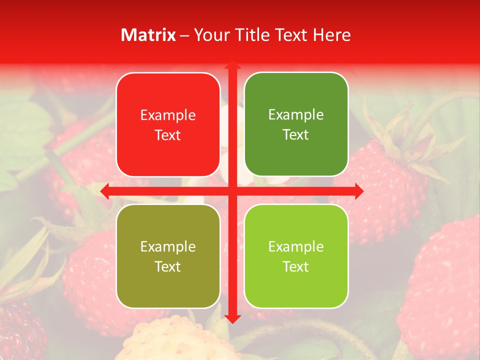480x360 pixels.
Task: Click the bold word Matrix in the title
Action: pos(148,35)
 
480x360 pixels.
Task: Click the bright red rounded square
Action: pos(168,125)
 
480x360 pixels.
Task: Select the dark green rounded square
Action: pos(296,124)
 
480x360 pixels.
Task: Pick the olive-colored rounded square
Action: pos(168,256)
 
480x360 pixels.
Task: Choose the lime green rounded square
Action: pos(296,256)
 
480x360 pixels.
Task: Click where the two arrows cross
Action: pos(232,191)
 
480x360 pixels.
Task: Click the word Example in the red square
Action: pos(168,115)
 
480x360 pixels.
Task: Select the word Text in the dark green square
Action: pos(296,135)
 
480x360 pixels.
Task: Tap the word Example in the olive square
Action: pos(168,246)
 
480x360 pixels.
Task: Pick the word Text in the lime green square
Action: pos(296,266)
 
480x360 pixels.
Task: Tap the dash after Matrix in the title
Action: pos(184,35)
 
